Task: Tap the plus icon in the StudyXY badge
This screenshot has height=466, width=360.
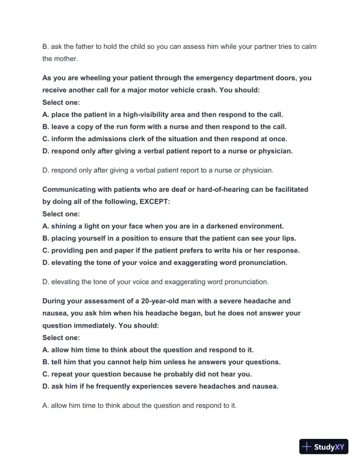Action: pos(306,447)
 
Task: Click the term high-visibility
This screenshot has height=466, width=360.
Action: pos(138,114)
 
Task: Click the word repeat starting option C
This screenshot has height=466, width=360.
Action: pos(64,374)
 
